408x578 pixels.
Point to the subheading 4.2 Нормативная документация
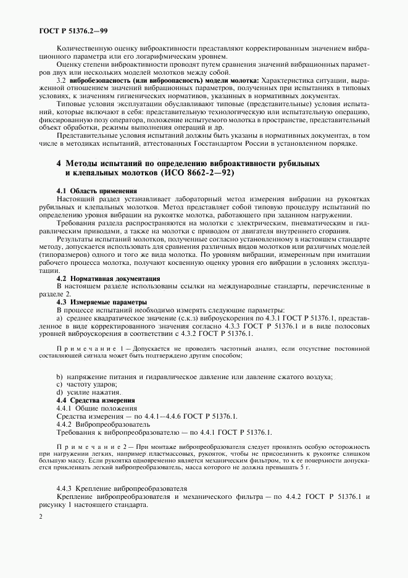pyautogui.click(x=99, y=279)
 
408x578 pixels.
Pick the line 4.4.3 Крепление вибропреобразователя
pyautogui.click(x=121, y=488)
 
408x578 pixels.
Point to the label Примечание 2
pyautogui.click(x=93, y=445)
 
